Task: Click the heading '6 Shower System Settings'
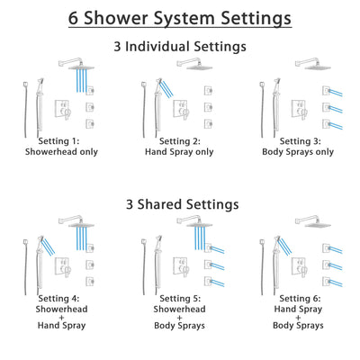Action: coord(180,17)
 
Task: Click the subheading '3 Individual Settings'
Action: coord(180,46)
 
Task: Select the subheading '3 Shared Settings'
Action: coord(180,204)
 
